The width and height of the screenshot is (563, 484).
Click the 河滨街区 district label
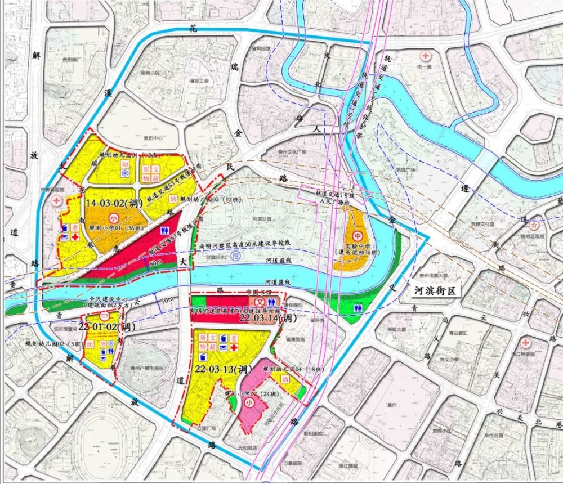point(436,291)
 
